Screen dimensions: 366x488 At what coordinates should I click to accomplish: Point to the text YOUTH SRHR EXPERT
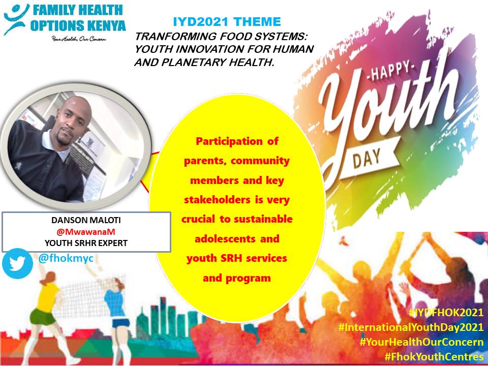point(85,243)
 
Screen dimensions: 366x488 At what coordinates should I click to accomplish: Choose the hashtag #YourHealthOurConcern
point(421,342)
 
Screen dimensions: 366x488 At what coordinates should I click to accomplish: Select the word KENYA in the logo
point(106,25)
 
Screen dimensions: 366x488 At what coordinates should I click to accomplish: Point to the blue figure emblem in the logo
point(15,18)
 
